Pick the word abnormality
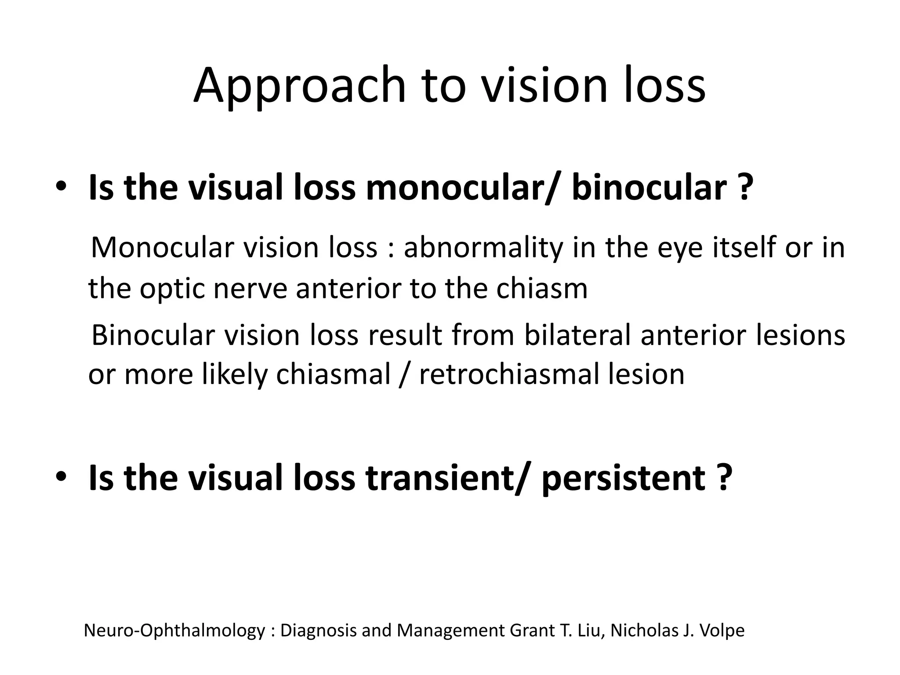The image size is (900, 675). click(x=483, y=247)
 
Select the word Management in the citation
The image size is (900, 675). click(x=451, y=631)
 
